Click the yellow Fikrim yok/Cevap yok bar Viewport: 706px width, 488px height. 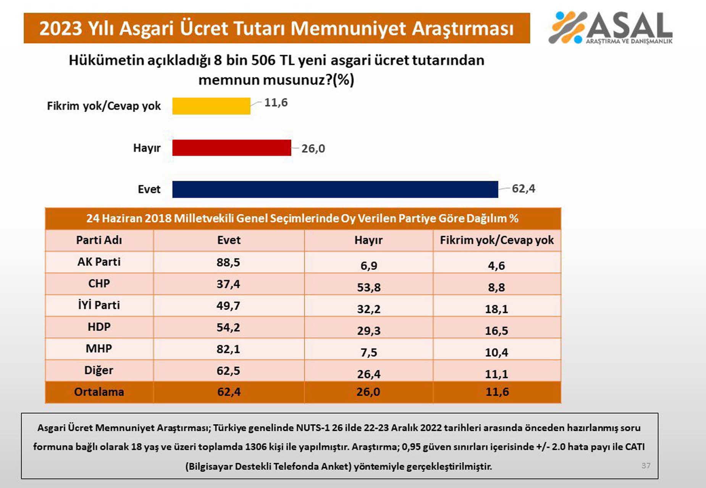211,106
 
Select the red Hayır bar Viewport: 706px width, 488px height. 231,148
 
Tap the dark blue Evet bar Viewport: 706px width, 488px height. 335,189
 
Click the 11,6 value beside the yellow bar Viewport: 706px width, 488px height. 276,103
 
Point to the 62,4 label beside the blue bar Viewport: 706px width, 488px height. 523,189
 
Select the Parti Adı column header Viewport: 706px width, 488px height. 99,240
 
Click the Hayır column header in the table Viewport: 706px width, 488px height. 368,240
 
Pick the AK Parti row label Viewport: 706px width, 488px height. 99,262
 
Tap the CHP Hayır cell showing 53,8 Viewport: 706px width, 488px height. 368,287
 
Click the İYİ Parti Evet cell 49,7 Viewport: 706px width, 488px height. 228,306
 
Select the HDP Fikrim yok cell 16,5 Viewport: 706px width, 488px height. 496,331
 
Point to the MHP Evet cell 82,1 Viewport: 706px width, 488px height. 228,349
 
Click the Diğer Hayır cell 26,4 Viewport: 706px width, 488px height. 368,374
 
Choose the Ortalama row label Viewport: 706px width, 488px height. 99,392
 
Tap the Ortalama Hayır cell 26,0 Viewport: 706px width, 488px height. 368,392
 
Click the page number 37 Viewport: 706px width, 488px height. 646,466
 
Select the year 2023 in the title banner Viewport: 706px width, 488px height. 60,29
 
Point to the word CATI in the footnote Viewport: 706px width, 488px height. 635,446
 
